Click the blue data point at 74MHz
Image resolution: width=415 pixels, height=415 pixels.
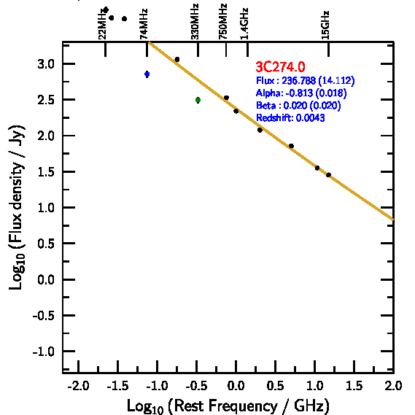click(x=147, y=74)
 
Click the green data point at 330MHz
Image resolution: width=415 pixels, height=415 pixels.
click(x=198, y=100)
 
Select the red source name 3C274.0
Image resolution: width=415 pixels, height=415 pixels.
click(x=280, y=66)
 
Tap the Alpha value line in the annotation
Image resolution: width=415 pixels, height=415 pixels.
click(x=301, y=93)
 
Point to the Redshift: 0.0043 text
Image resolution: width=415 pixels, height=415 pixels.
click(x=290, y=117)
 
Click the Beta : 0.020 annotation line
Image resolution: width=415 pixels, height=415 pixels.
click(x=298, y=105)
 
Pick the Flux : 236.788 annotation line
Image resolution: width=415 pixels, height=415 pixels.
click(x=305, y=80)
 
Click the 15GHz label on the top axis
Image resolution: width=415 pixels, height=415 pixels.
click(x=325, y=25)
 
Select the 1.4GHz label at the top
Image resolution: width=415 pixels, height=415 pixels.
click(x=244, y=24)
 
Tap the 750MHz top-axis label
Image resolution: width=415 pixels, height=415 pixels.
click(x=223, y=21)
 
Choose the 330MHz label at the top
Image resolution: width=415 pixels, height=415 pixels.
click(x=195, y=21)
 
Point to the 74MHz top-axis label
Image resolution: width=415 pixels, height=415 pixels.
click(x=144, y=24)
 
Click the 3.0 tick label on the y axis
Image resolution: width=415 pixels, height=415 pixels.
click(x=46, y=64)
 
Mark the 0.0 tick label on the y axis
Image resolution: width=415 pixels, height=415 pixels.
click(x=46, y=279)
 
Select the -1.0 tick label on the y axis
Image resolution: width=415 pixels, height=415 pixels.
click(x=44, y=352)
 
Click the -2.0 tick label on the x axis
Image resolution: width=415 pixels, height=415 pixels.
click(x=78, y=386)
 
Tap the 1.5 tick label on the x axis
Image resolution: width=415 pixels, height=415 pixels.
click(x=354, y=386)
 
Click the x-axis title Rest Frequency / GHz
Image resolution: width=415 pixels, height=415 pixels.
click(x=228, y=406)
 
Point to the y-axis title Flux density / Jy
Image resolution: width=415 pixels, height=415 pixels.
click(x=16, y=207)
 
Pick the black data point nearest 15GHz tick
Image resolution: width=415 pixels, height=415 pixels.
click(x=328, y=175)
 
